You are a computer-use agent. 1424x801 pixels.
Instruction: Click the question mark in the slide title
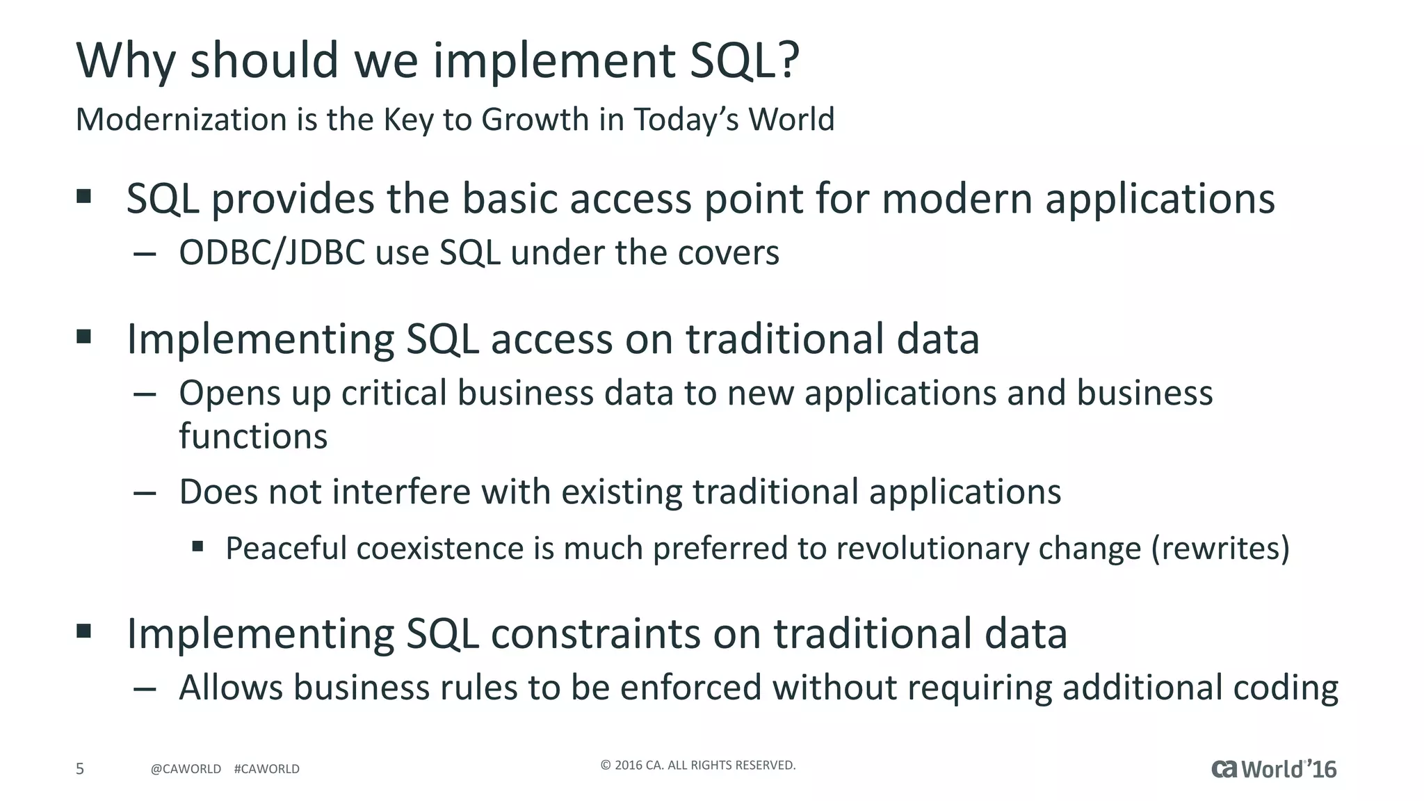click(786, 60)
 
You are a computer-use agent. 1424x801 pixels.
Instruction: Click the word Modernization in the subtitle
click(181, 120)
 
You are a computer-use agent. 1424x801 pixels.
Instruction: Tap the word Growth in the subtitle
click(535, 120)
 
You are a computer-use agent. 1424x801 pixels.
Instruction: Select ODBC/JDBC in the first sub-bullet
click(272, 252)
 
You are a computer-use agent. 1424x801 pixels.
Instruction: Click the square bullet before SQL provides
click(84, 196)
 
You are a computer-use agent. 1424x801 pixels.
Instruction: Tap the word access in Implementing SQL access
click(551, 339)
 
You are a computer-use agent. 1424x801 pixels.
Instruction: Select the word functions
click(253, 437)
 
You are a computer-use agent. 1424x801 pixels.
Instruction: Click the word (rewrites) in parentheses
click(1220, 549)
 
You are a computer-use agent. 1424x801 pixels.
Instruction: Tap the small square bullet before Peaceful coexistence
click(198, 547)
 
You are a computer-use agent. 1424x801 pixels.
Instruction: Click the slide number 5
click(80, 769)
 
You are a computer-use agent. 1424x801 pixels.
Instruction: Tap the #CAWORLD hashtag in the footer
click(267, 769)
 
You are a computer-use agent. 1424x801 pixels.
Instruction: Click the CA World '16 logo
click(1274, 769)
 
